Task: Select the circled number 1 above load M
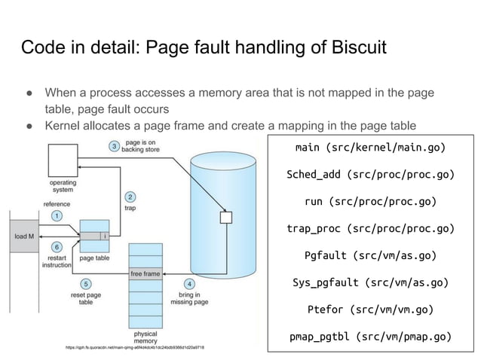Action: [57, 215]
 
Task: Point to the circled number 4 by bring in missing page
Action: [189, 283]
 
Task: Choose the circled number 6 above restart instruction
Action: [57, 247]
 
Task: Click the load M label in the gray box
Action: [24, 236]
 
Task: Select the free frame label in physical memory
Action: [146, 273]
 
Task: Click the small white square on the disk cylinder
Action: [225, 218]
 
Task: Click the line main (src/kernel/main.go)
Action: [369, 146]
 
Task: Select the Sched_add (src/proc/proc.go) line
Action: [369, 174]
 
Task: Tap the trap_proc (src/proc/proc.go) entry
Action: [369, 228]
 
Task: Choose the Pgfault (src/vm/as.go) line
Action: [369, 255]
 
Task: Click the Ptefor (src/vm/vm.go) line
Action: [369, 309]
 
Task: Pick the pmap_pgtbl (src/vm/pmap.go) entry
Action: [369, 336]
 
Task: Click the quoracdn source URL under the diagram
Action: [135, 347]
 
